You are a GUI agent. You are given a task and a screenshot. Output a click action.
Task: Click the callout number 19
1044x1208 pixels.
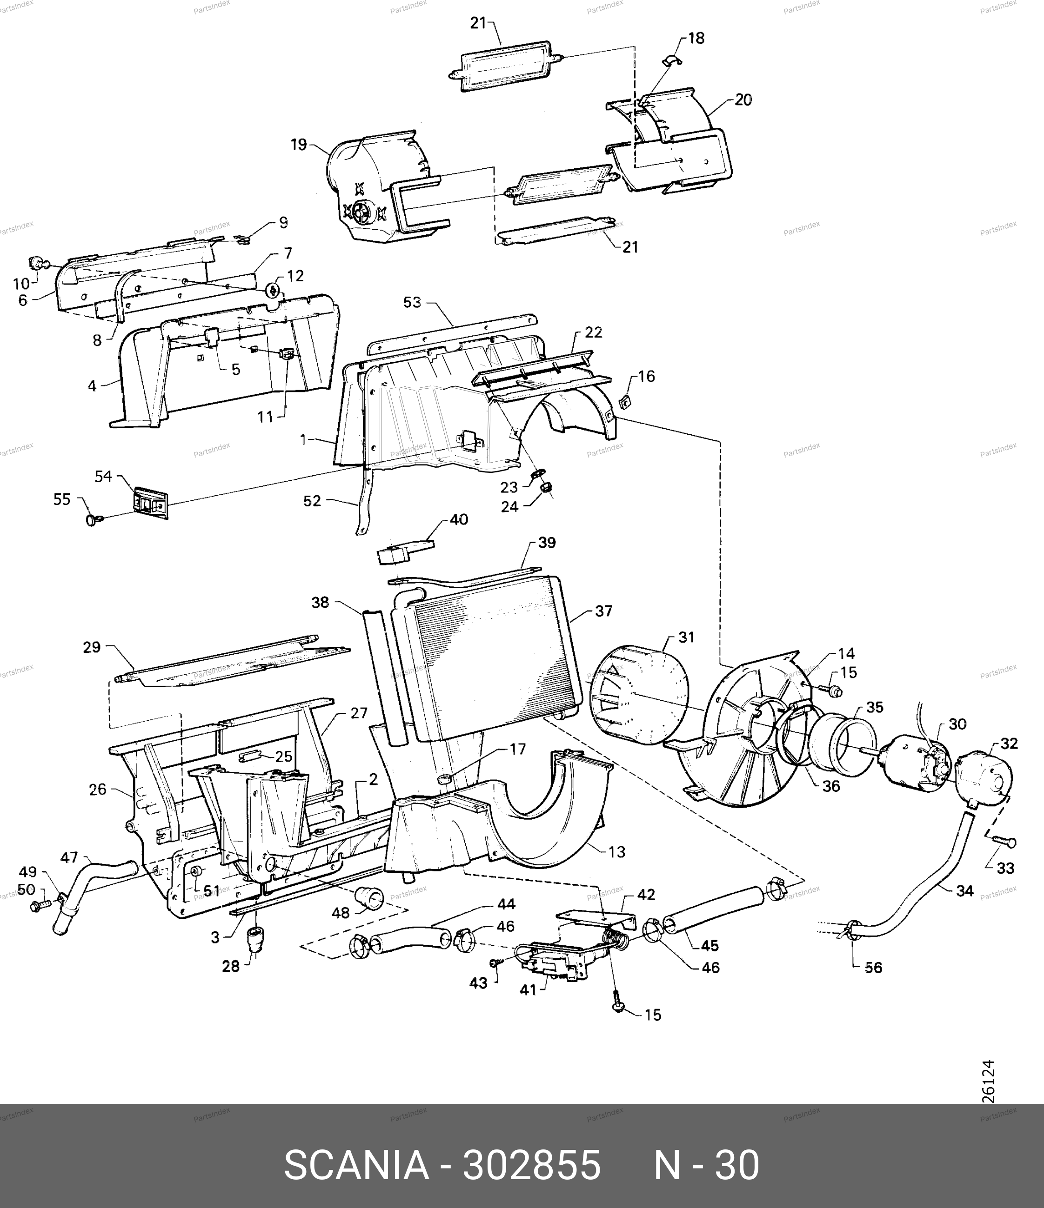(x=299, y=145)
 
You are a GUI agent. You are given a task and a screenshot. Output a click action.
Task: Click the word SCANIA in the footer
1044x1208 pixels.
(x=356, y=1165)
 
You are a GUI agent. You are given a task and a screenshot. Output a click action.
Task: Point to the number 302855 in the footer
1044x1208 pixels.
(x=531, y=1165)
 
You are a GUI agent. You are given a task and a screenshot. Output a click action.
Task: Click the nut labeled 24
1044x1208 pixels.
(x=547, y=487)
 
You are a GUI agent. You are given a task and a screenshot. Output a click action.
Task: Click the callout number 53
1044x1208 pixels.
(x=412, y=303)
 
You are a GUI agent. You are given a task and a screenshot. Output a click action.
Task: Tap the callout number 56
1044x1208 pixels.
(x=873, y=968)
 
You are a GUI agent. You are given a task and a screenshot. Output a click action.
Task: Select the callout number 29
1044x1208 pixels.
(x=92, y=647)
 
